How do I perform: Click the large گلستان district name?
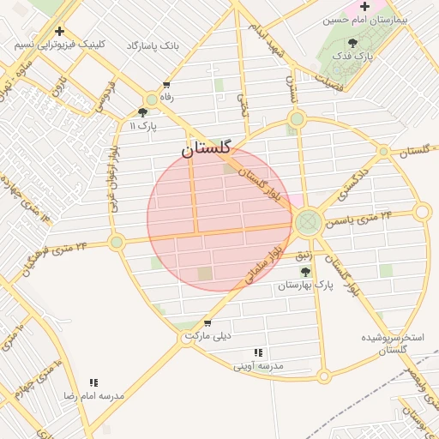coord(206,148)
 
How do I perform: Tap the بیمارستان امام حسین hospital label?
coord(370,19)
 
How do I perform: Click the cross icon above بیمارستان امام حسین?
coord(364,6)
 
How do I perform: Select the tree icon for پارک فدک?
coord(352,43)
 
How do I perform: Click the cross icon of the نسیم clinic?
coord(59,31)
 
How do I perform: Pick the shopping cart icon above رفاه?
coord(165,85)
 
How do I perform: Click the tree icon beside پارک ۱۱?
coord(142,112)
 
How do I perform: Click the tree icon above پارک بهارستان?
coord(305,272)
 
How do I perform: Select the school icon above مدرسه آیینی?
coord(258,352)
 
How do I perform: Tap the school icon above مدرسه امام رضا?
coord(93,382)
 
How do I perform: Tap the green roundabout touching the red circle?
coord(307,223)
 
